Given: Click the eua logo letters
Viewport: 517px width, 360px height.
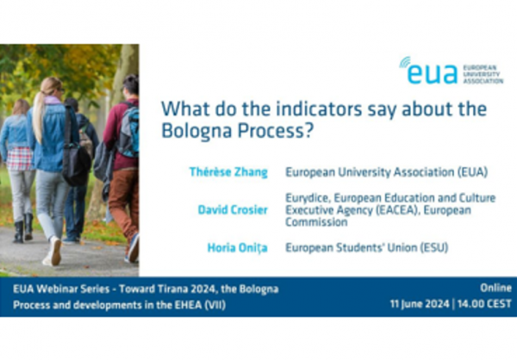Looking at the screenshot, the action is coord(433,73).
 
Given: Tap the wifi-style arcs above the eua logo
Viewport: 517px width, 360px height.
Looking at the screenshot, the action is coord(405,62).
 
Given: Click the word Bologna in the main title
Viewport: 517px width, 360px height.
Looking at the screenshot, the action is coord(197,131).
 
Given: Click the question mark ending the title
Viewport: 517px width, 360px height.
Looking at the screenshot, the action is coord(308,131).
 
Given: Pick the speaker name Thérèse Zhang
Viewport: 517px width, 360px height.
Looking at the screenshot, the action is coord(228,172).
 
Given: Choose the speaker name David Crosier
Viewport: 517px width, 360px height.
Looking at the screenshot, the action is coord(233,210).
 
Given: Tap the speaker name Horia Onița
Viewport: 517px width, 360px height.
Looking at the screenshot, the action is coord(238,248).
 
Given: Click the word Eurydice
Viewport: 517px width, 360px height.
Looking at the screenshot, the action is coord(307,198).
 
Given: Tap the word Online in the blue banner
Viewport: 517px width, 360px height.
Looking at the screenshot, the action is coord(495,288).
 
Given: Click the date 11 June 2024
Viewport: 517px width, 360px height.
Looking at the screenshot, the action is coord(420,304).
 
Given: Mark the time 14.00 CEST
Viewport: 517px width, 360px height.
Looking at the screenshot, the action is coord(484,304).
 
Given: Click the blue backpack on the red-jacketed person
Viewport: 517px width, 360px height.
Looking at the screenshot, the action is coord(130,131).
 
